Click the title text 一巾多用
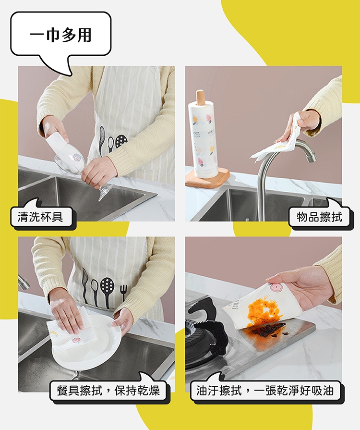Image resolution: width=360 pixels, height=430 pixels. coord(60,36)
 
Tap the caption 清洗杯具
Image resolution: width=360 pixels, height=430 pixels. coord(40,217)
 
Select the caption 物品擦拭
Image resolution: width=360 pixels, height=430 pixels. coord(320,216)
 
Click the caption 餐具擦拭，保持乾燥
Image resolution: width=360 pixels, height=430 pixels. coord(108,390)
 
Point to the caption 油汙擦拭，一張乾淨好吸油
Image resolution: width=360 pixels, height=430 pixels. coord(265,390)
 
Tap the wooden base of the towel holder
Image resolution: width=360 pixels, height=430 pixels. coord(207,179)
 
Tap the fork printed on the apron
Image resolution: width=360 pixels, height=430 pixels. coord(123,293)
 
